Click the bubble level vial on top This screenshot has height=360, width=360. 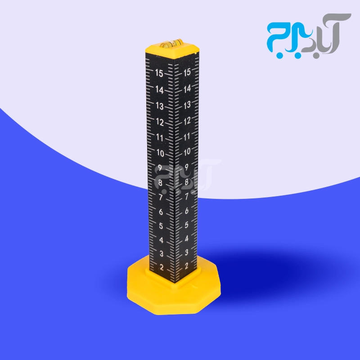click(171, 43)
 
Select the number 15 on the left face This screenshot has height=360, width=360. click(159, 73)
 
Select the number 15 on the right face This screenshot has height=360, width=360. click(187, 72)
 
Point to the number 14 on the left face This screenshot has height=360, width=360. click(159, 90)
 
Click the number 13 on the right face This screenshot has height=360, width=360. click(187, 105)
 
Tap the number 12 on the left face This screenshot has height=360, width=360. click(160, 122)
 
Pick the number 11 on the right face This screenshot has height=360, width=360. click(187, 137)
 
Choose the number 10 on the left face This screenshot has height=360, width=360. click(160, 153)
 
